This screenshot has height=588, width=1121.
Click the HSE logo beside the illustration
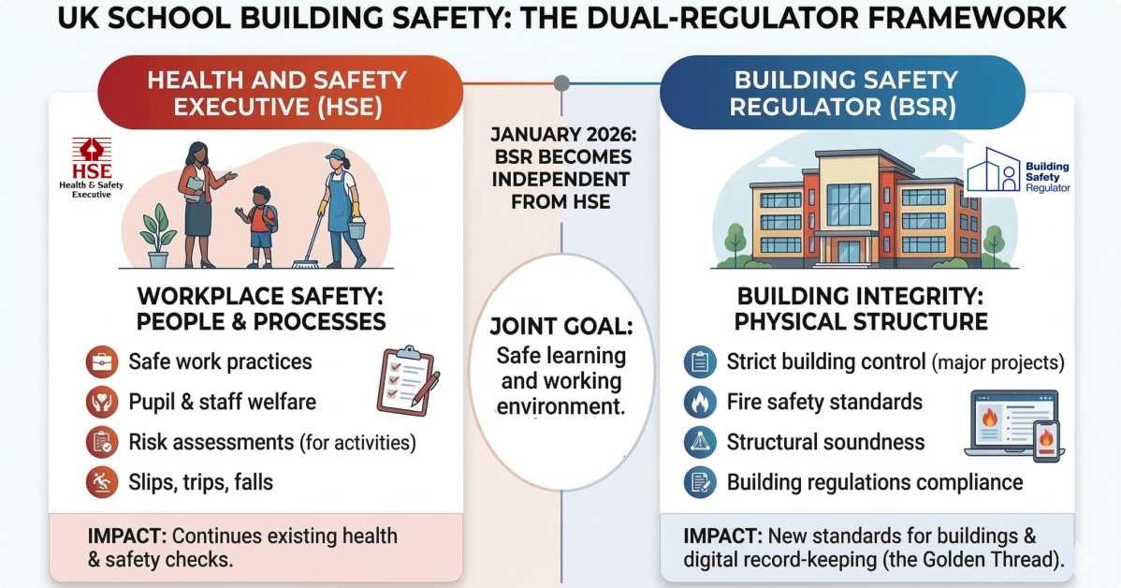click(x=92, y=168)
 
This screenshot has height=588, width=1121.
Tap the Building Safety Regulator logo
click(x=1018, y=170)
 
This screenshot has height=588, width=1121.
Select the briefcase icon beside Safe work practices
click(x=101, y=361)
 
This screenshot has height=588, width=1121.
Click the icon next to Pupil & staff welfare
click(x=101, y=402)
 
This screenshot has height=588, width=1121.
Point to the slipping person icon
click(x=101, y=483)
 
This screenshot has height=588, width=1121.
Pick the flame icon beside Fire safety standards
click(x=699, y=402)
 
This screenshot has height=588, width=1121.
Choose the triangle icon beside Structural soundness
click(x=699, y=442)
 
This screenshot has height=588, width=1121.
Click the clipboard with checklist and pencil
click(x=406, y=379)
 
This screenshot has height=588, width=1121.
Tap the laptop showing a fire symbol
click(x=1005, y=424)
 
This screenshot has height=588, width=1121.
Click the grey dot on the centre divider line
click(x=561, y=83)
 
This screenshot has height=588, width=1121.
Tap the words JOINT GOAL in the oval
click(x=561, y=328)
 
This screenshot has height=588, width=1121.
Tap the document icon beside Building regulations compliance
click(x=699, y=482)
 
